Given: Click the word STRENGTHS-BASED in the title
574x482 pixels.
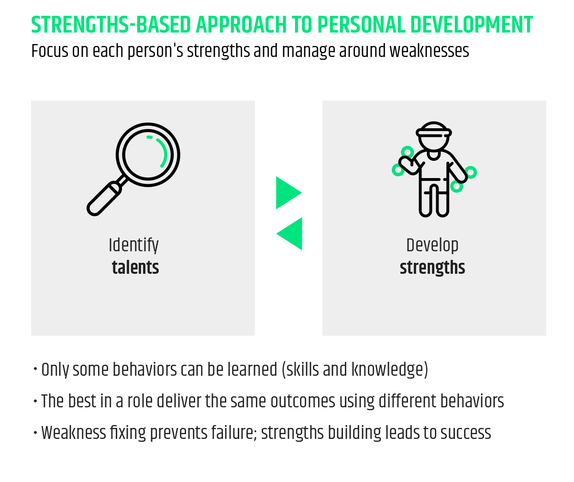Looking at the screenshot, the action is tap(111, 25).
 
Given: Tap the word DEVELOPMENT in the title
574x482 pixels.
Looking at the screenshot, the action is tap(472, 25).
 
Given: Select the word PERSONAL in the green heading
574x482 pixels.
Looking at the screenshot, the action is tap(361, 25).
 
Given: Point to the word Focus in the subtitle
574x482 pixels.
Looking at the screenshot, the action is tap(50, 51).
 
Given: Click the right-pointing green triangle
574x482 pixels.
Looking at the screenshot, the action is tap(288, 192).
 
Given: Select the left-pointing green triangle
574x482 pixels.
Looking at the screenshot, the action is tap(289, 234).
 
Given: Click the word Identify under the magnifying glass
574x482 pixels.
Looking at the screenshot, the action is tap(133, 245).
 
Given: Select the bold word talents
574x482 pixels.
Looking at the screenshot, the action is tap(135, 268).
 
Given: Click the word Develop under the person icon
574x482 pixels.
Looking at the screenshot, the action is tap(432, 245).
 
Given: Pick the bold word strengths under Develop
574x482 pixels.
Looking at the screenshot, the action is tap(432, 268).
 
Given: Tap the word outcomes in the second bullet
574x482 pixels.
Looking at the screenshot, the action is tap(303, 401).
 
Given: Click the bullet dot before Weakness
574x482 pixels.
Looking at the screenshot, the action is tap(35, 433).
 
